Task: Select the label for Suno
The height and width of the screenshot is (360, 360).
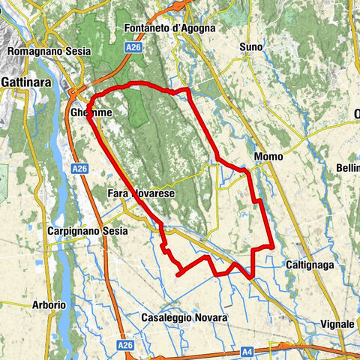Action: pos(251,47)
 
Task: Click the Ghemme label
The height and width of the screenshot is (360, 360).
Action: pos(91,112)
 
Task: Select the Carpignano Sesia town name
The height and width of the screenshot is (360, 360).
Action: pos(85,231)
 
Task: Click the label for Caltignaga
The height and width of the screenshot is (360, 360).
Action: pos(309,265)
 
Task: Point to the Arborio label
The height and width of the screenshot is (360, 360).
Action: pos(49,305)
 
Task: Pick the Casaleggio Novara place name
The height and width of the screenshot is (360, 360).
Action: pos(184,318)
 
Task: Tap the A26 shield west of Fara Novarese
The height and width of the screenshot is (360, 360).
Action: pos(80,170)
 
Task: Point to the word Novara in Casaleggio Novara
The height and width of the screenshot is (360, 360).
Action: pos(210,318)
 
